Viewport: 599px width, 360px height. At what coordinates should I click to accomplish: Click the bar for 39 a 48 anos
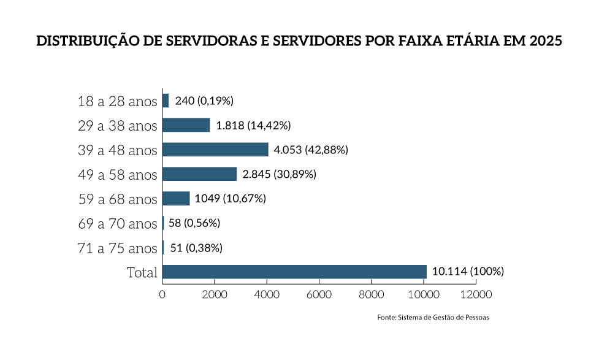click(x=215, y=150)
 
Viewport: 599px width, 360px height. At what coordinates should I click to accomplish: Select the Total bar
click(x=294, y=272)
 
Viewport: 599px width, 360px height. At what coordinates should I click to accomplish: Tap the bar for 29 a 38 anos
click(x=186, y=125)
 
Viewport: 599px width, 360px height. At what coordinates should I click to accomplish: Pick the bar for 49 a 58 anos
click(x=199, y=174)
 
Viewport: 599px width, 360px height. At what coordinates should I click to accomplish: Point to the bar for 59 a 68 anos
click(x=176, y=199)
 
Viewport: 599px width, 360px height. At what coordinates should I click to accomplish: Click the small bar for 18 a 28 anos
click(x=166, y=101)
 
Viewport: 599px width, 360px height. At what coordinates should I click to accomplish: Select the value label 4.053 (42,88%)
click(x=311, y=150)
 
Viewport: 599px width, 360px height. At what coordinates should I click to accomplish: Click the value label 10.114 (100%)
click(x=468, y=272)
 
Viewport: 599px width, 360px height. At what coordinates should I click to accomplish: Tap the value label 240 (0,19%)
click(x=204, y=101)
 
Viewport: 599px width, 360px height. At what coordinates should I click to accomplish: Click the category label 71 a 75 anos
click(x=118, y=248)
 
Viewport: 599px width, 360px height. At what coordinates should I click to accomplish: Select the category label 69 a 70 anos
click(x=118, y=224)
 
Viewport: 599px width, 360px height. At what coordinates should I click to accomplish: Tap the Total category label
click(x=142, y=272)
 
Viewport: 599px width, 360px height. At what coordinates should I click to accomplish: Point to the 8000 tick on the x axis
click(x=372, y=294)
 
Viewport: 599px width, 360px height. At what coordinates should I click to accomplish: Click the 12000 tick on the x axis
click(x=476, y=294)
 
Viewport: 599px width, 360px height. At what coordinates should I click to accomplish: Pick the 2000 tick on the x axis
click(x=215, y=294)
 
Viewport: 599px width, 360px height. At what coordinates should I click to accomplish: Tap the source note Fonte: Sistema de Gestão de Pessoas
click(x=433, y=318)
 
